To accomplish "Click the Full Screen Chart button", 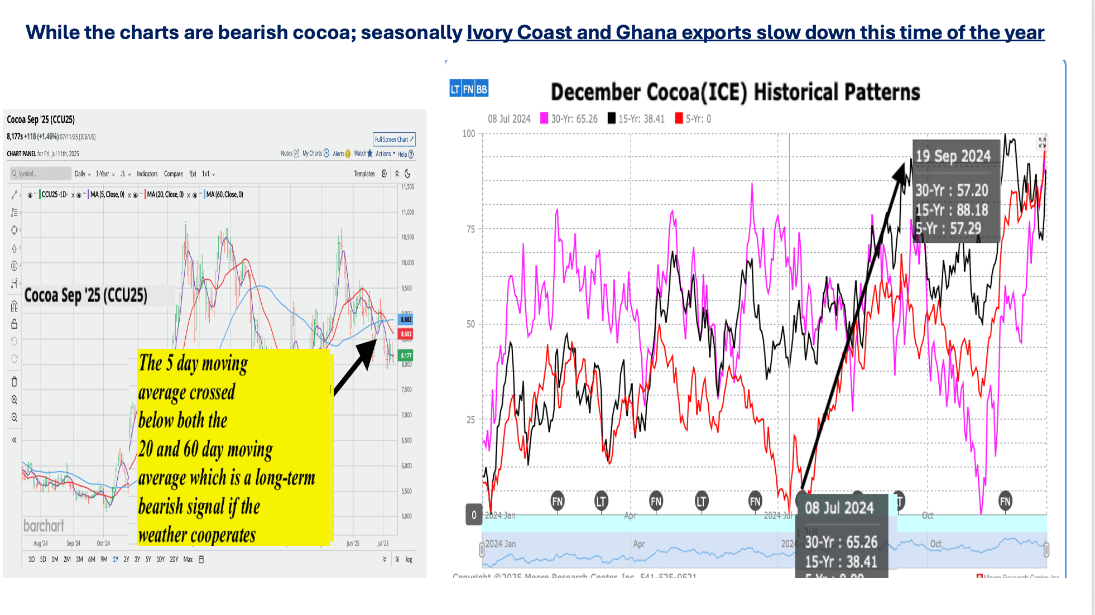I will point(394,140).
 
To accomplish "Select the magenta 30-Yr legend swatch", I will point(544,118).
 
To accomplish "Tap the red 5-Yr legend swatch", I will point(679,118).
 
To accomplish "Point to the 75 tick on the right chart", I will point(470,229).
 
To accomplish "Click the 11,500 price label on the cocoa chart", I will point(407,187).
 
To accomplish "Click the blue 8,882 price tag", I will point(406,320).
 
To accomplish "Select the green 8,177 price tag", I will point(406,355).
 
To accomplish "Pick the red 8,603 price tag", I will point(406,334).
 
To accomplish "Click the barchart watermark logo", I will point(44,526).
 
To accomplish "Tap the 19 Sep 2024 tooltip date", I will point(953,156).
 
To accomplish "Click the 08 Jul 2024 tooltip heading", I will point(839,508).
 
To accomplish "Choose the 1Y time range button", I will point(116,559).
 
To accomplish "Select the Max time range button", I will point(188,559).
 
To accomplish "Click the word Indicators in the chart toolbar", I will point(147,174).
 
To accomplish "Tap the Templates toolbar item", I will point(364,174).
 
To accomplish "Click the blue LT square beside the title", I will point(455,89).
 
